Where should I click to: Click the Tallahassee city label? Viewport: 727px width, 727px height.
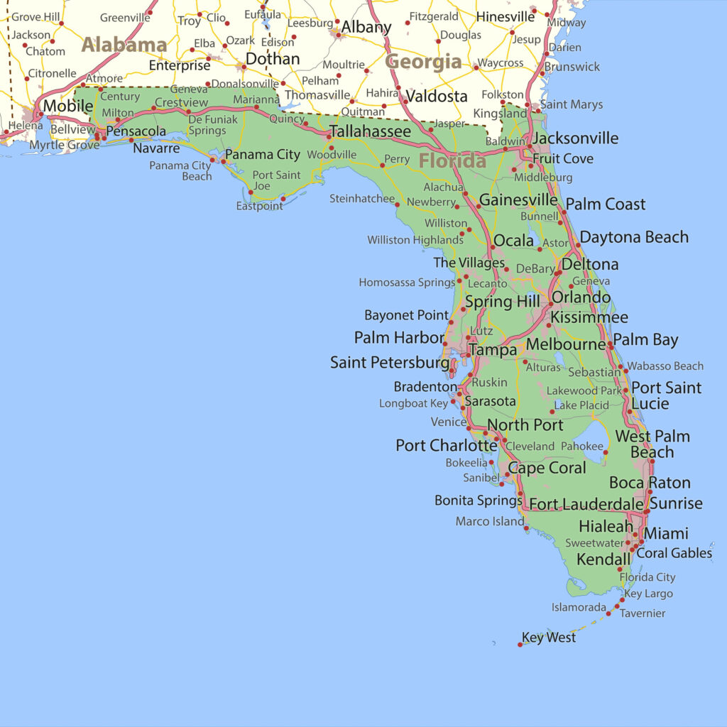click(x=369, y=132)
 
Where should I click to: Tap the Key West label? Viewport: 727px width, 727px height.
click(x=549, y=638)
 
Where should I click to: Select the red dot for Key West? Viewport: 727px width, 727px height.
click(x=520, y=644)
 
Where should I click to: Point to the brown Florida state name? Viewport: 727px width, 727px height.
click(x=452, y=161)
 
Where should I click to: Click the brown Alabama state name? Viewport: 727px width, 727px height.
click(x=124, y=45)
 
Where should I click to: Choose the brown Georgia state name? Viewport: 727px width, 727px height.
click(x=423, y=62)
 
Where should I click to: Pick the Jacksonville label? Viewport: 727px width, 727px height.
click(x=575, y=138)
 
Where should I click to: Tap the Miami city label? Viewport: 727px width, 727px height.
click(x=666, y=533)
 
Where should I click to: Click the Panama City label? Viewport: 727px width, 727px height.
click(x=263, y=154)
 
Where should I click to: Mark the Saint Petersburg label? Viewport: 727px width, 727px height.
click(x=390, y=363)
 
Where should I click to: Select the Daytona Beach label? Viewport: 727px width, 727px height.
click(x=634, y=237)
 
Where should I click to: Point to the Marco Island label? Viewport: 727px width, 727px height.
click(x=489, y=522)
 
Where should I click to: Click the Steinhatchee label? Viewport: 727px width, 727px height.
click(x=361, y=199)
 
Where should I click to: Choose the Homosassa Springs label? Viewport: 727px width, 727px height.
click(x=407, y=283)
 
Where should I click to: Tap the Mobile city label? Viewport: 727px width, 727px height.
click(x=68, y=106)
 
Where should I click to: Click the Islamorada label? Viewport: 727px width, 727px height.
click(x=579, y=608)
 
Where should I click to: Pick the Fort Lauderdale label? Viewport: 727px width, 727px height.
click(x=586, y=504)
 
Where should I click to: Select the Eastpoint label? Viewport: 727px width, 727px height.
click(x=259, y=206)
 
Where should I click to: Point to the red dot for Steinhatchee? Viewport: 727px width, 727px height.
click(x=398, y=204)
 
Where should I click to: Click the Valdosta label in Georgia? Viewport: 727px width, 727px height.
click(x=437, y=96)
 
